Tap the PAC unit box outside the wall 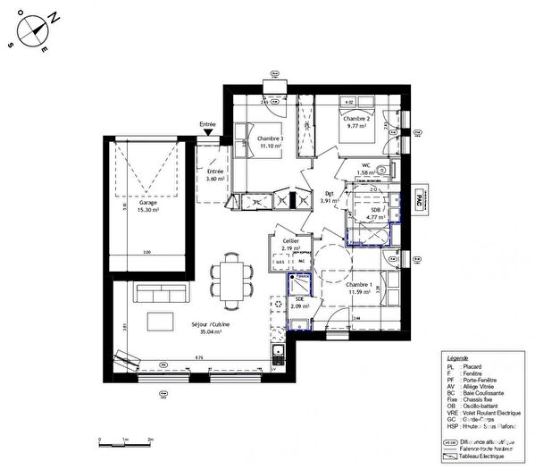[x=421, y=201]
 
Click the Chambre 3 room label [x=270, y=143]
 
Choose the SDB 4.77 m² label [x=376, y=212]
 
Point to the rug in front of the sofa [x=162, y=322]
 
